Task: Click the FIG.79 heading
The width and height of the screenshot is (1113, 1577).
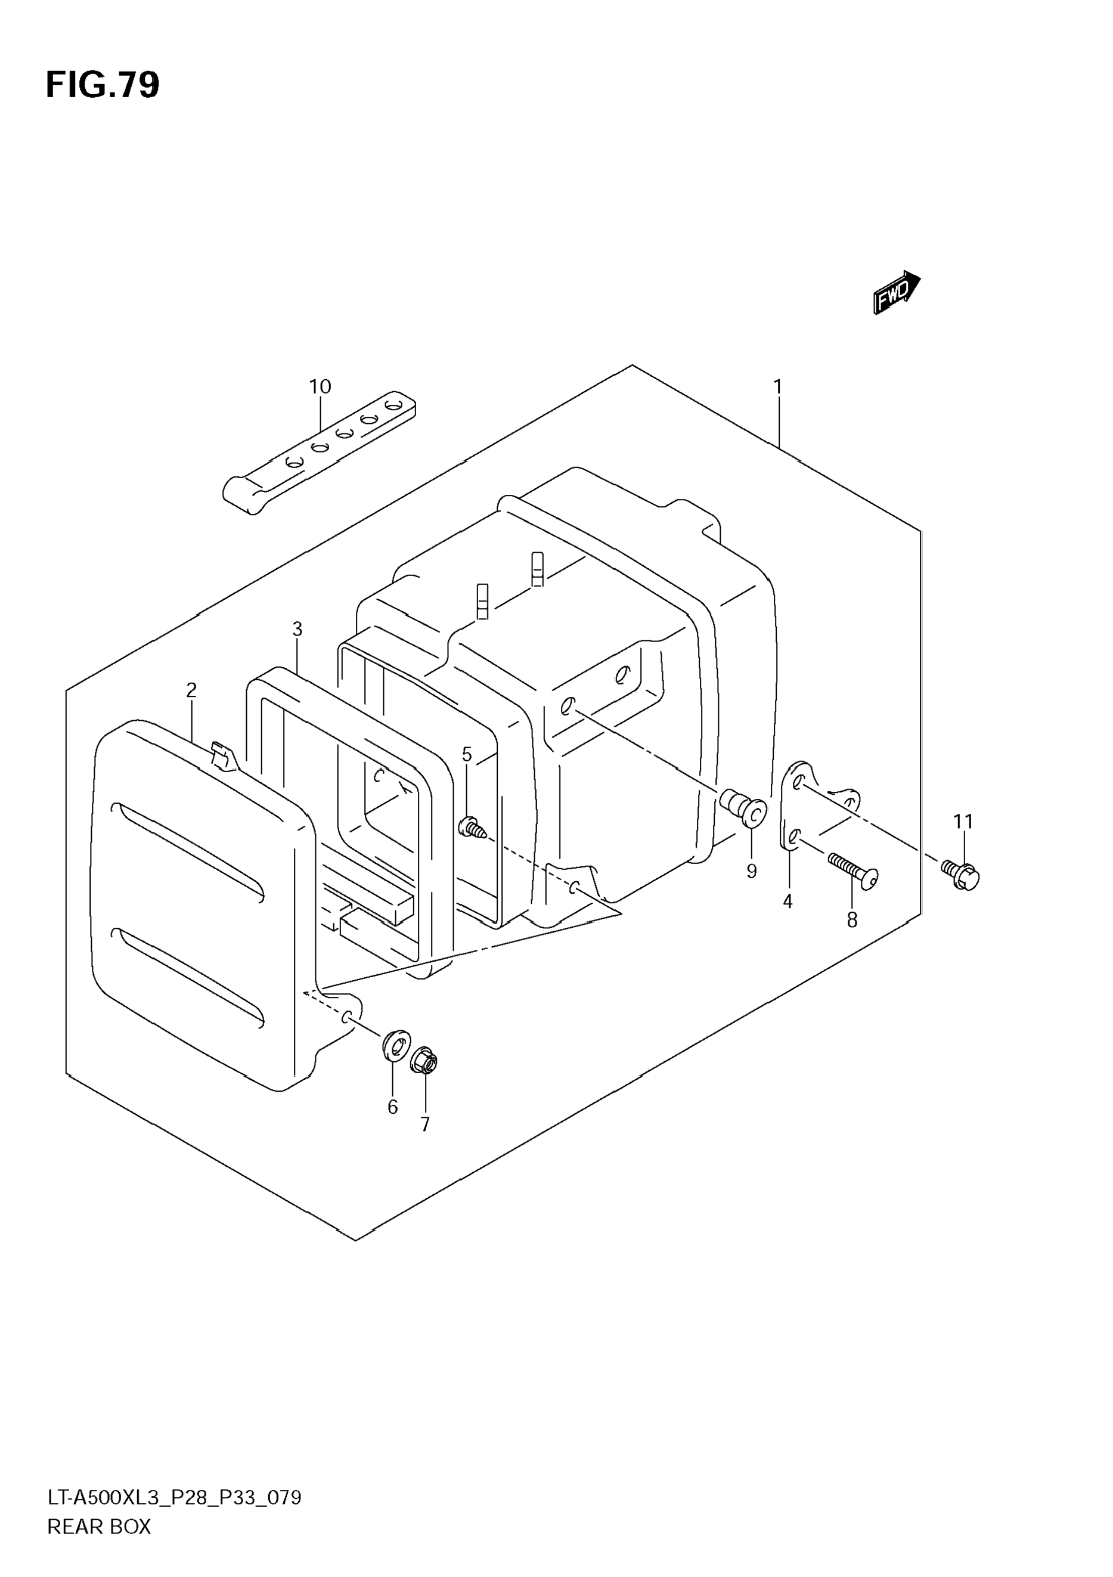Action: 103,86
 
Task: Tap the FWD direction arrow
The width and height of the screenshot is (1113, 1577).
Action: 897,293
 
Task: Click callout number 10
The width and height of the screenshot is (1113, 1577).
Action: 320,387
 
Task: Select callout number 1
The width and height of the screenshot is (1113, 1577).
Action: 777,388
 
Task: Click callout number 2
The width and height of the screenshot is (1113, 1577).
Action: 191,690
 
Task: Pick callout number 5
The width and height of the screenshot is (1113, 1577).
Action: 467,755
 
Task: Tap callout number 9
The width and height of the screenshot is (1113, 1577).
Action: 752,871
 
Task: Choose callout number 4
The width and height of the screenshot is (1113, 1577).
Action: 788,901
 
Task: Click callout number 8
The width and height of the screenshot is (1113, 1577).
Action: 852,921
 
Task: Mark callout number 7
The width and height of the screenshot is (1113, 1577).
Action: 425,1124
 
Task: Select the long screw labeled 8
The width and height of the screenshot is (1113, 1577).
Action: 854,869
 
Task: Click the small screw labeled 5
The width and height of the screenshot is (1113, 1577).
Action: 472,828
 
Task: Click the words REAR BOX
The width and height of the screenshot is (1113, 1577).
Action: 99,1526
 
